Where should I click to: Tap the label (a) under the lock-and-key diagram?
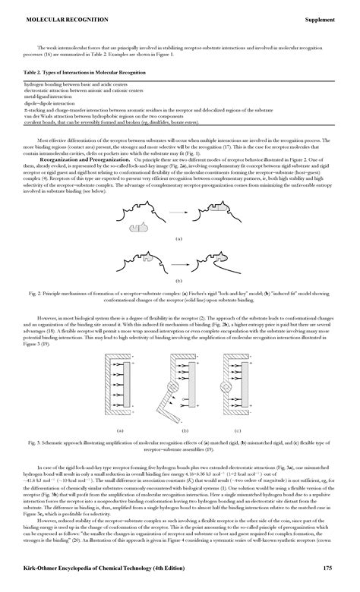click(179, 238)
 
